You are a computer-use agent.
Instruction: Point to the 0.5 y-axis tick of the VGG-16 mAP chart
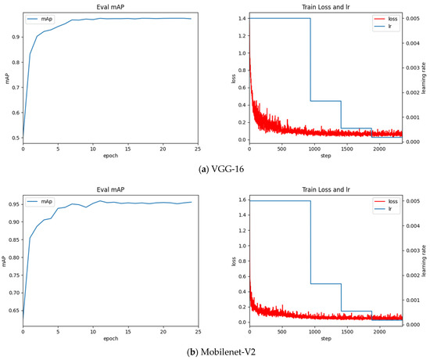[15, 138]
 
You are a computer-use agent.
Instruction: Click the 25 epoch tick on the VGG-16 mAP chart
[198, 149]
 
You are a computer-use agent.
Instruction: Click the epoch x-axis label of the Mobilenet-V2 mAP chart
[109, 339]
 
